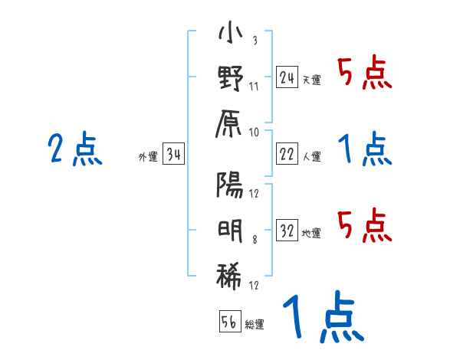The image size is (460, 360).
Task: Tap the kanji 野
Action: pyautogui.click(x=231, y=80)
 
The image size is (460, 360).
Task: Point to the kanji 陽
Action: pyautogui.click(x=231, y=185)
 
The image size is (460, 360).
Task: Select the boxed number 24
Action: pyautogui.click(x=287, y=77)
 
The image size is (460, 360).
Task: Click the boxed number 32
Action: pyautogui.click(x=287, y=231)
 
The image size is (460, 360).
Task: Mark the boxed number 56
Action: pyautogui.click(x=230, y=322)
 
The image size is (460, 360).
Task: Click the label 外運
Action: pyautogui.click(x=148, y=158)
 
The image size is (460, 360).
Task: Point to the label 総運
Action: pyautogui.click(x=255, y=324)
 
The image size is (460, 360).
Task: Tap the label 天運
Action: pyautogui.click(x=311, y=80)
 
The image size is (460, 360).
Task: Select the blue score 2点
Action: pyautogui.click(x=75, y=149)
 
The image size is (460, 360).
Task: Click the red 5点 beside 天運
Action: pyautogui.click(x=365, y=74)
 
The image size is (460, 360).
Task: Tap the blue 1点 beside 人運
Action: pyautogui.click(x=365, y=149)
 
